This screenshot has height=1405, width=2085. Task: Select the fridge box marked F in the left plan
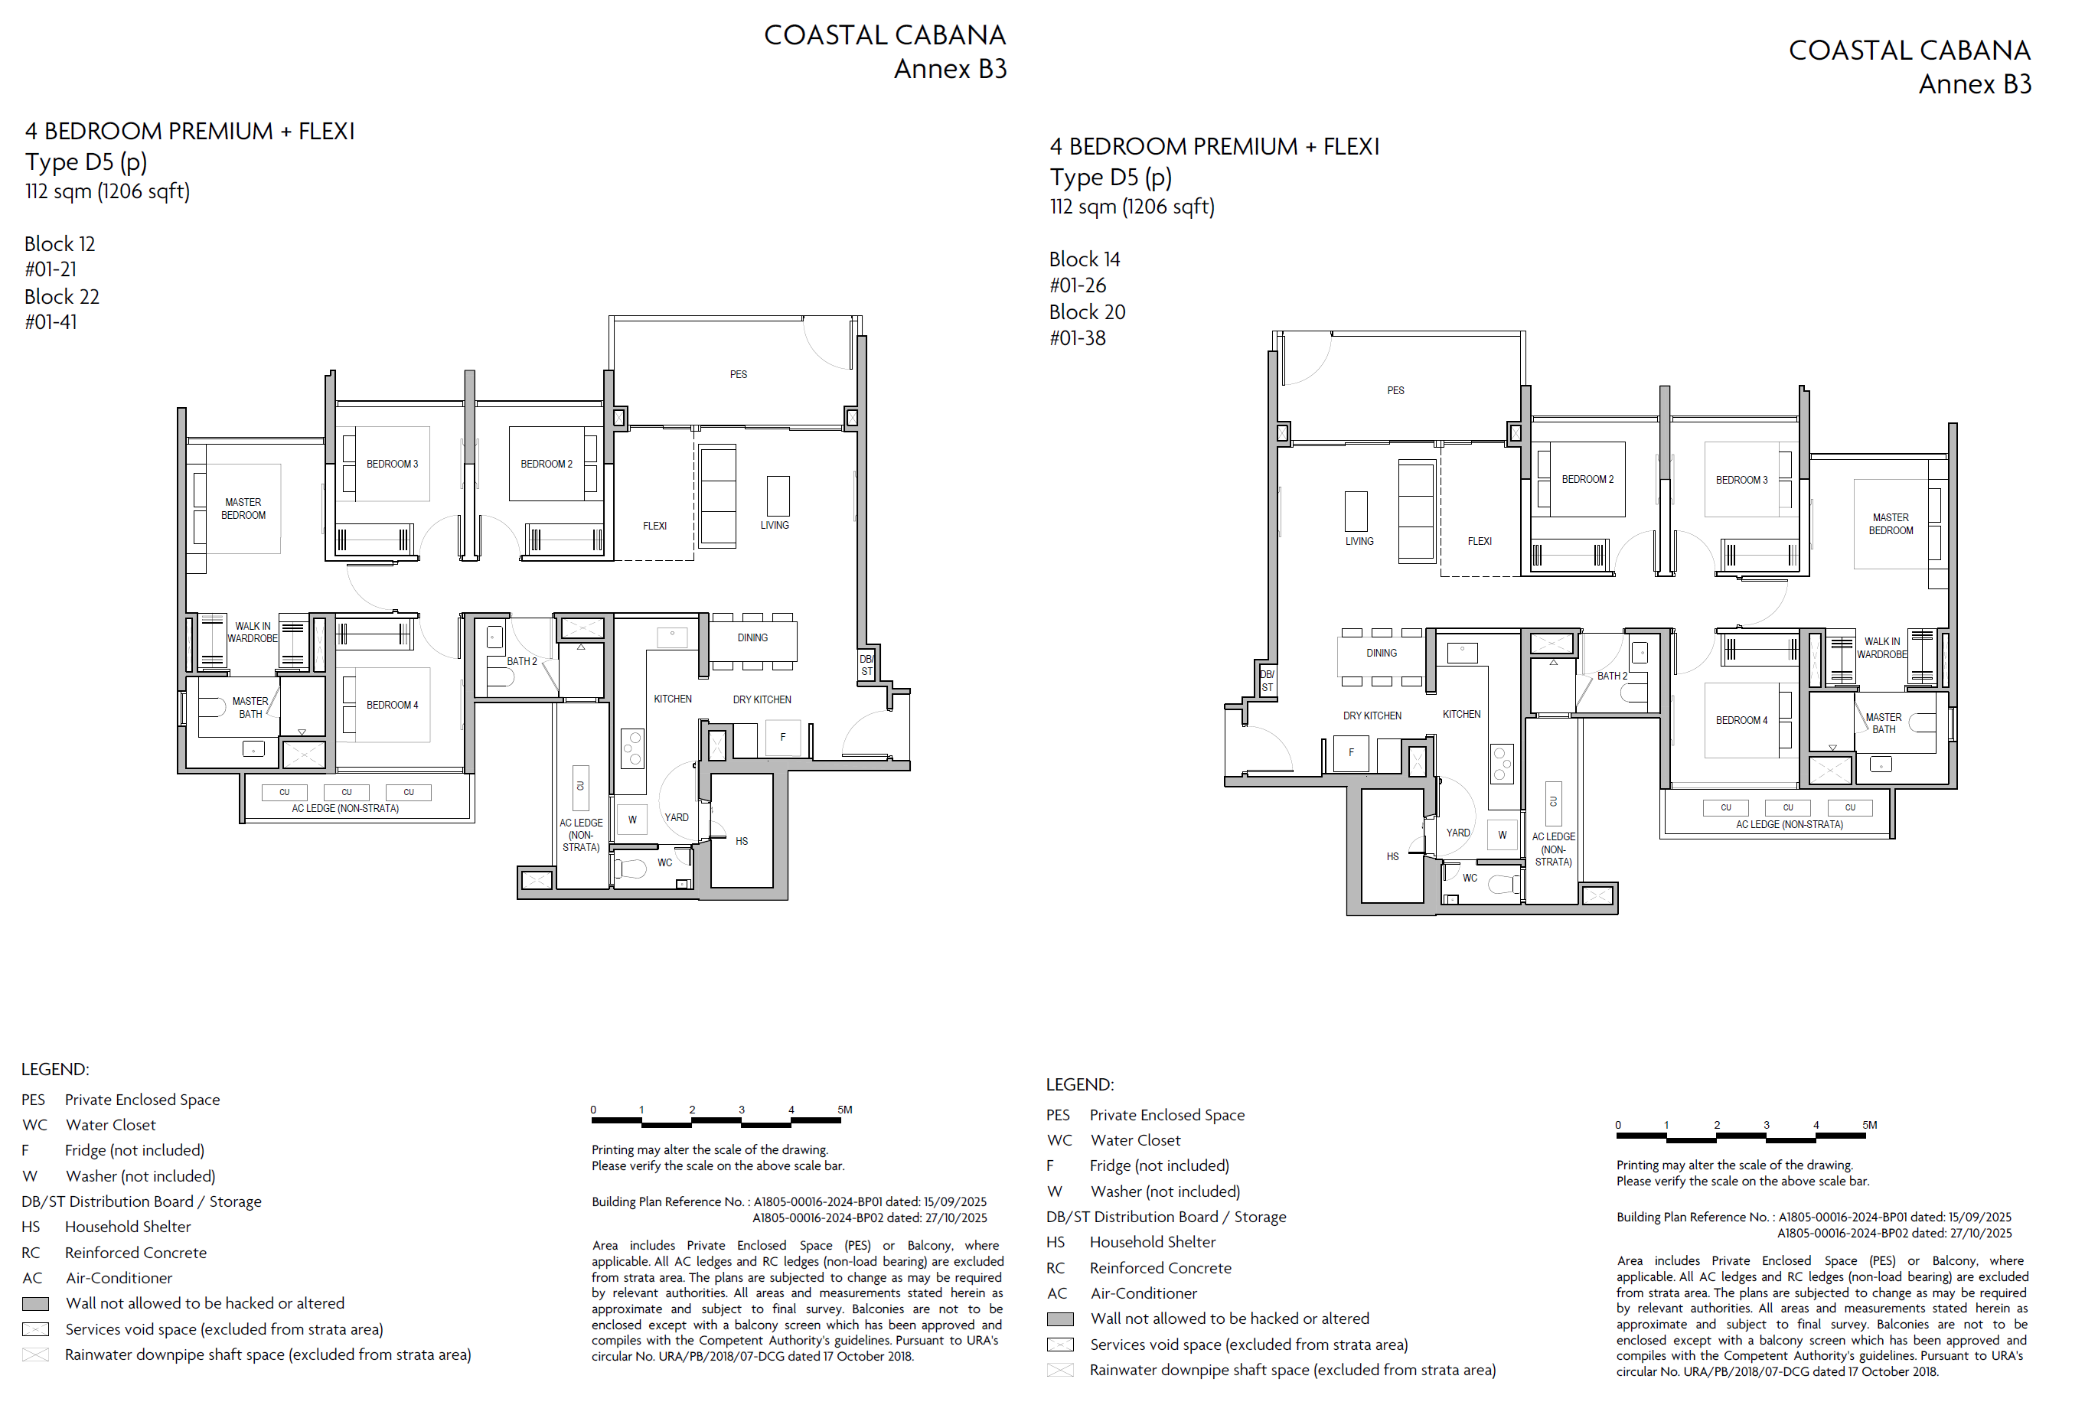point(783,738)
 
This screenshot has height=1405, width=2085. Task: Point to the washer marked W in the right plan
point(1502,834)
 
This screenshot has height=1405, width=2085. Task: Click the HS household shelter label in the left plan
point(741,841)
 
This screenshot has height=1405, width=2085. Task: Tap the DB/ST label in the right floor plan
point(1267,681)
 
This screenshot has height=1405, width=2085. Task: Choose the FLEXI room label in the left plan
point(654,526)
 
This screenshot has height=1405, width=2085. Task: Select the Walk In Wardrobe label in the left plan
point(252,633)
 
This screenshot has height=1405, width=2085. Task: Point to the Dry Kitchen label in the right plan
point(1372,716)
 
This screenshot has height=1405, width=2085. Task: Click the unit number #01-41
point(51,323)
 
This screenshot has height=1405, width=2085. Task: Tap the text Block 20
point(1087,311)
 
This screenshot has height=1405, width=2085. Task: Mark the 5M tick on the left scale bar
point(844,1110)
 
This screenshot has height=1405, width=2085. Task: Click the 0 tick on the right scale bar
point(1617,1126)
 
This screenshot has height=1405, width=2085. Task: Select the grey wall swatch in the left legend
point(35,1304)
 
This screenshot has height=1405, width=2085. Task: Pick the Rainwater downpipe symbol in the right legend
point(1060,1370)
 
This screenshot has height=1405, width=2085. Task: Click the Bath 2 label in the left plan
point(521,661)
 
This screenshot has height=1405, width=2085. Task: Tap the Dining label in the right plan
point(1381,654)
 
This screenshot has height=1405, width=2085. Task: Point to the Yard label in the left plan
point(676,817)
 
